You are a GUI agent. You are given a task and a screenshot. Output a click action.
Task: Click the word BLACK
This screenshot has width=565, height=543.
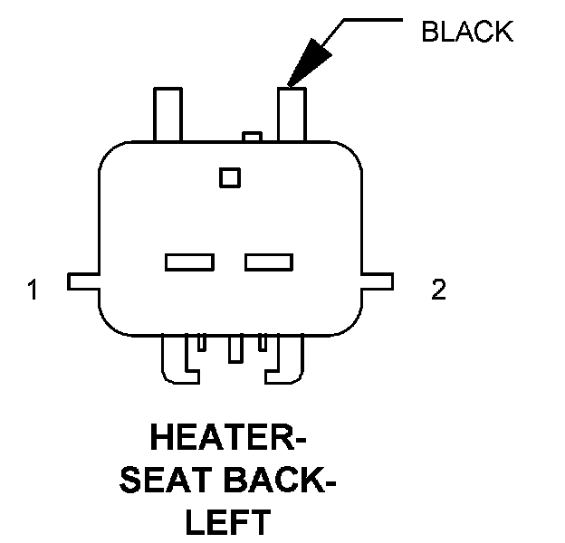(x=466, y=33)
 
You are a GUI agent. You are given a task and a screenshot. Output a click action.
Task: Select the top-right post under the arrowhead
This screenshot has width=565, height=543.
(x=292, y=112)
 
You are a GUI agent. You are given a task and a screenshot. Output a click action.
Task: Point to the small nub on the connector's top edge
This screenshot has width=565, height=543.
(x=251, y=137)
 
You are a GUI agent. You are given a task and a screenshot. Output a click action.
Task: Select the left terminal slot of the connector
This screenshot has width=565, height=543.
(x=189, y=262)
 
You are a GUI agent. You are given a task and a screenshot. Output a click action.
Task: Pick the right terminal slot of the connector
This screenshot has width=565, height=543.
(x=269, y=262)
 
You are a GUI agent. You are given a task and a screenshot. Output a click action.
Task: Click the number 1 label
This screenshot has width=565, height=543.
(x=34, y=291)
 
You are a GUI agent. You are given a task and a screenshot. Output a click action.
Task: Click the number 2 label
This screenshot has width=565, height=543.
(x=438, y=291)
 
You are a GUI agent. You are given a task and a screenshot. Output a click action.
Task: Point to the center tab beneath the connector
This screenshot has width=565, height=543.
(x=235, y=348)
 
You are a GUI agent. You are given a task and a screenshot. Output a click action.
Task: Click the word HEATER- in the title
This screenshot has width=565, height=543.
(x=227, y=441)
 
